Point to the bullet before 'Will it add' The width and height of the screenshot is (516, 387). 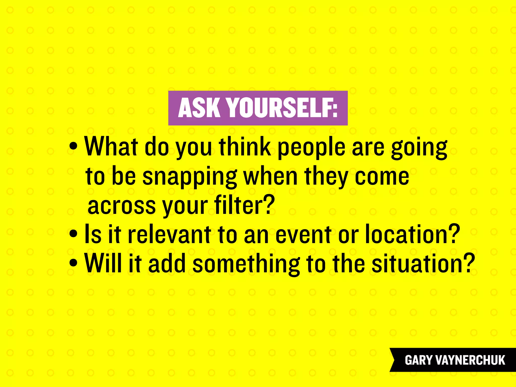(x=73, y=263)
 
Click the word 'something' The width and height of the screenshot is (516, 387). (x=246, y=264)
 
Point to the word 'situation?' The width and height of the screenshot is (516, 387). (x=423, y=264)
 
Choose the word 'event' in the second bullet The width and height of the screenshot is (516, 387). (x=303, y=235)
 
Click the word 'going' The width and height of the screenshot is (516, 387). (x=419, y=149)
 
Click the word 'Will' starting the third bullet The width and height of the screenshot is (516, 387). (x=104, y=263)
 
